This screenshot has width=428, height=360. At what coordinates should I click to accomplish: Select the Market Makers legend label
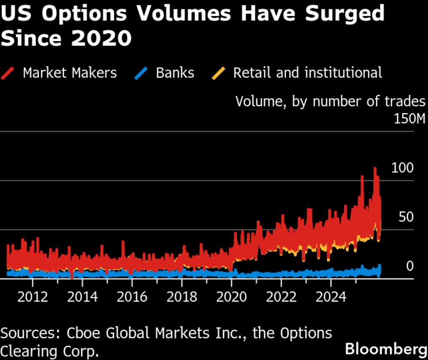click(70, 73)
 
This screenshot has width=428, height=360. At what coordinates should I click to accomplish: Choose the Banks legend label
click(175, 73)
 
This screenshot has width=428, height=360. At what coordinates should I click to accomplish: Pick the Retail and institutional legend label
click(308, 73)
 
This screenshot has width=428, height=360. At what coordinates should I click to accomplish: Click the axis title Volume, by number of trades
click(330, 102)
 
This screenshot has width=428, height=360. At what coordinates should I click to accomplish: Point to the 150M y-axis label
click(409, 119)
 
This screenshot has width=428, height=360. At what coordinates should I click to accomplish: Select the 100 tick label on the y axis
click(402, 168)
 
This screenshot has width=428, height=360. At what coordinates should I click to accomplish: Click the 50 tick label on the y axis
click(406, 218)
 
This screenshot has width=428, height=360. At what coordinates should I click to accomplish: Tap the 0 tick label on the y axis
click(409, 266)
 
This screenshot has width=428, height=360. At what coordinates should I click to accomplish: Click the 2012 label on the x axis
click(32, 297)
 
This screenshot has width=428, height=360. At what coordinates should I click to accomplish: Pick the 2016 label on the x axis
click(132, 297)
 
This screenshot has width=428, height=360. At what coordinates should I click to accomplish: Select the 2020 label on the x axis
click(231, 297)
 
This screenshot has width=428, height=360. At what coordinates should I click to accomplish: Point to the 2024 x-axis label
click(331, 297)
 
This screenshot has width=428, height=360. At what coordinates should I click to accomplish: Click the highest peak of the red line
click(374, 168)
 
